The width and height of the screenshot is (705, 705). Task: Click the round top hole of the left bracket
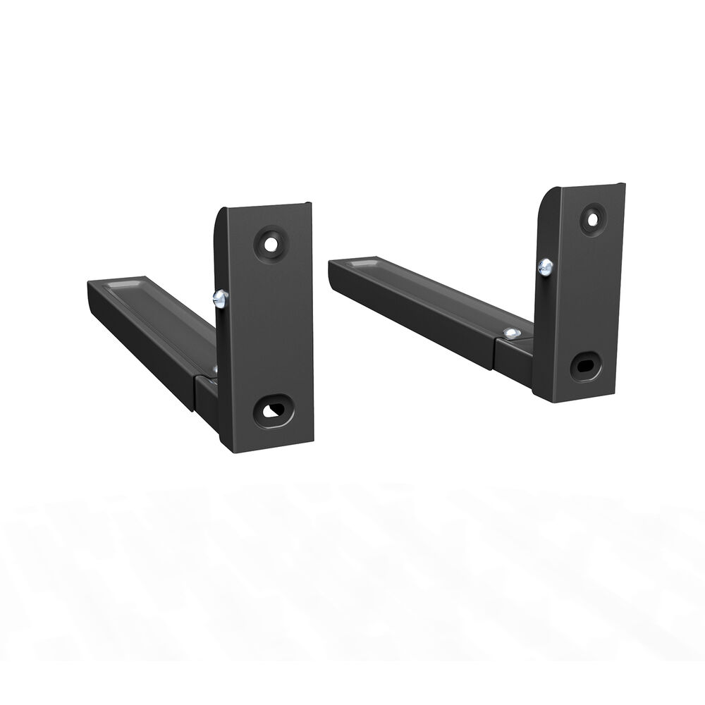coord(270,243)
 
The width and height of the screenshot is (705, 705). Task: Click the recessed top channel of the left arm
coord(162,310)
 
